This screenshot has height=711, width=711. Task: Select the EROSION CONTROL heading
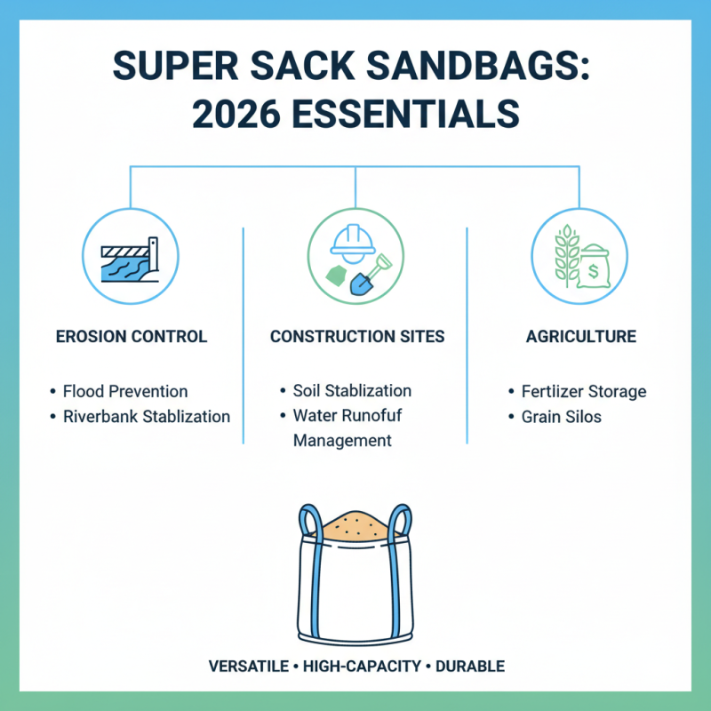click(132, 337)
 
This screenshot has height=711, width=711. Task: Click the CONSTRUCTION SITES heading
click(355, 337)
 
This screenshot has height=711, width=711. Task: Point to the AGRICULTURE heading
click(579, 337)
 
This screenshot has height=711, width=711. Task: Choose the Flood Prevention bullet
click(125, 391)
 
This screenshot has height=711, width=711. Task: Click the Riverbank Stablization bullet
click(147, 416)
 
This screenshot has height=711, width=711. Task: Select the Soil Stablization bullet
click(352, 391)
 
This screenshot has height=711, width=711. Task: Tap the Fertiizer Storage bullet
click(584, 391)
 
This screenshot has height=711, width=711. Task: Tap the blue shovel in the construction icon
click(365, 277)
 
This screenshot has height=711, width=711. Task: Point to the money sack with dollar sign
click(593, 266)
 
